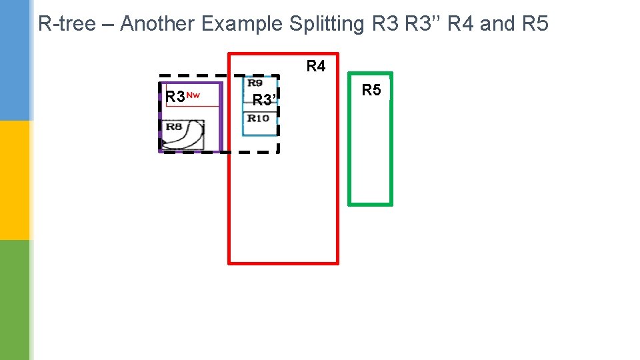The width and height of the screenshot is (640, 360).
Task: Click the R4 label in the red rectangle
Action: click(x=316, y=66)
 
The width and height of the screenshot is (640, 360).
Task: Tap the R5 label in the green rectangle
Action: click(x=371, y=90)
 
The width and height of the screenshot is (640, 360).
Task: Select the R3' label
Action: click(x=264, y=101)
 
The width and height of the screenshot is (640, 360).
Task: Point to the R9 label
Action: click(x=255, y=83)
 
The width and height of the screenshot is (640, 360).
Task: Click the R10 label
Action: click(x=258, y=118)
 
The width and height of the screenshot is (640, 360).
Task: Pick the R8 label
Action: click(x=174, y=126)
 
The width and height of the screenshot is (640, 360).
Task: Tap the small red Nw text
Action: click(x=193, y=95)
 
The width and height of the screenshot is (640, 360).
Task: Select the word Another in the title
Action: click(x=157, y=24)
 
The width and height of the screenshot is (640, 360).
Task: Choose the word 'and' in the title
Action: click(x=497, y=24)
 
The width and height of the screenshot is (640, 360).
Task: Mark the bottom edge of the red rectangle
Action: click(x=283, y=263)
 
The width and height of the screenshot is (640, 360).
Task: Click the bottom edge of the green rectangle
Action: click(x=371, y=203)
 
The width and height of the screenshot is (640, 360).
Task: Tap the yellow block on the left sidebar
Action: click(x=15, y=180)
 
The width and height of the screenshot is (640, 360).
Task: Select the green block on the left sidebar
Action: click(x=15, y=300)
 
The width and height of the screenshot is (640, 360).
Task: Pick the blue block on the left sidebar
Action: click(x=15, y=60)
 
